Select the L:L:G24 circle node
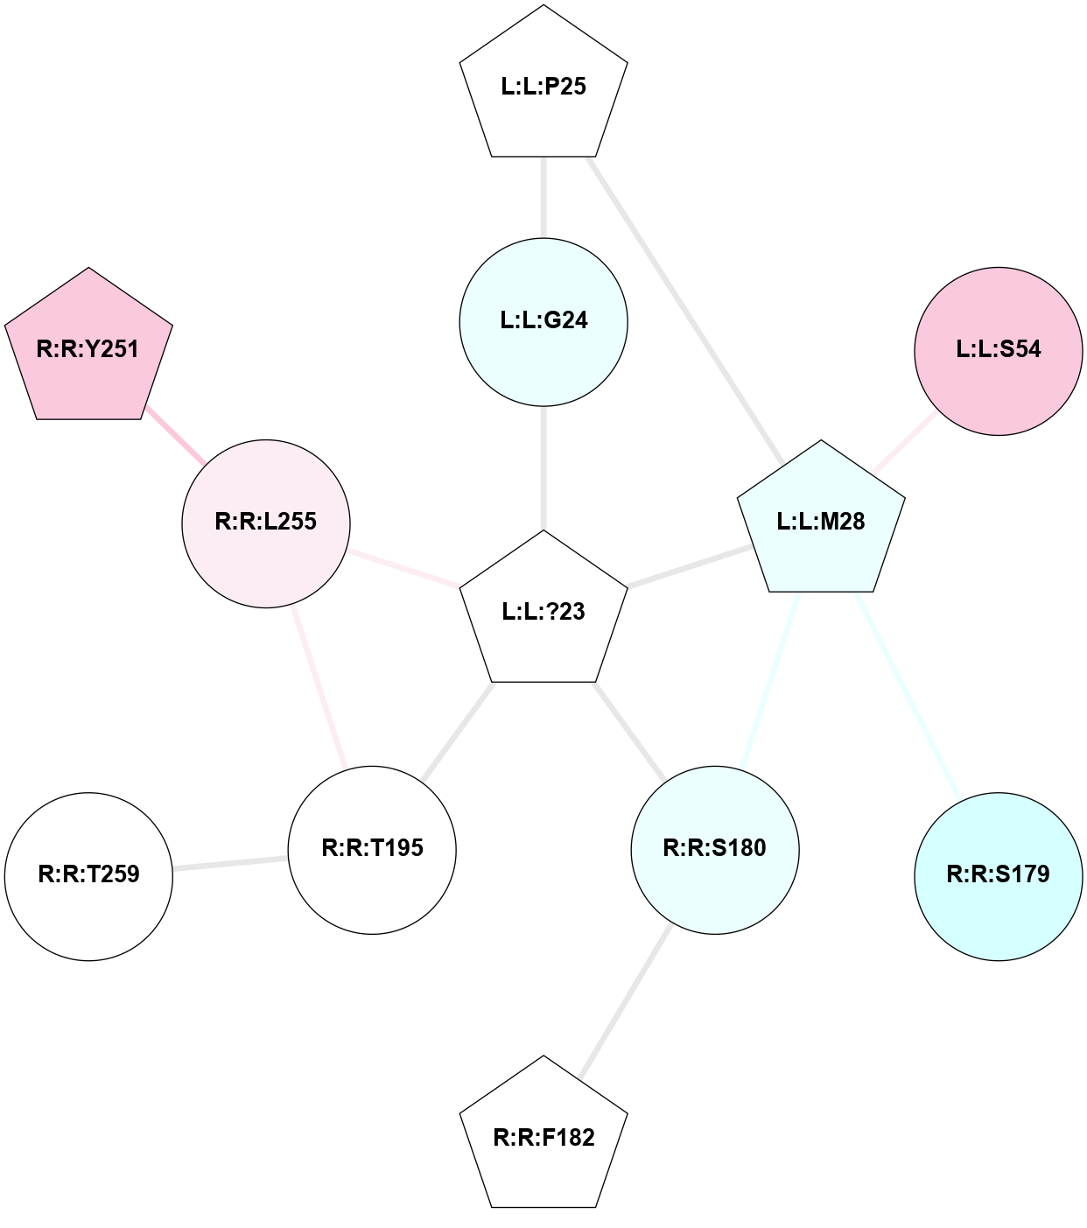[543, 321]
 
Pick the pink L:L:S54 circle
[998, 350]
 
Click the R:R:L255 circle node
[266, 523]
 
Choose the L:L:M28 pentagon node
[821, 522]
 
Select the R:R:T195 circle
[372, 849]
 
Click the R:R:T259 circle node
[88, 875]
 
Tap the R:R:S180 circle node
[714, 849]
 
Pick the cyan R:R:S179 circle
[998, 875]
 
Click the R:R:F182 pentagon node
[543, 1137]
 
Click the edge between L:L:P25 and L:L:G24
[543, 197]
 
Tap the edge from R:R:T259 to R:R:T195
[230, 863]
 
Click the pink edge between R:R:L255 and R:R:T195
[318, 684]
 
